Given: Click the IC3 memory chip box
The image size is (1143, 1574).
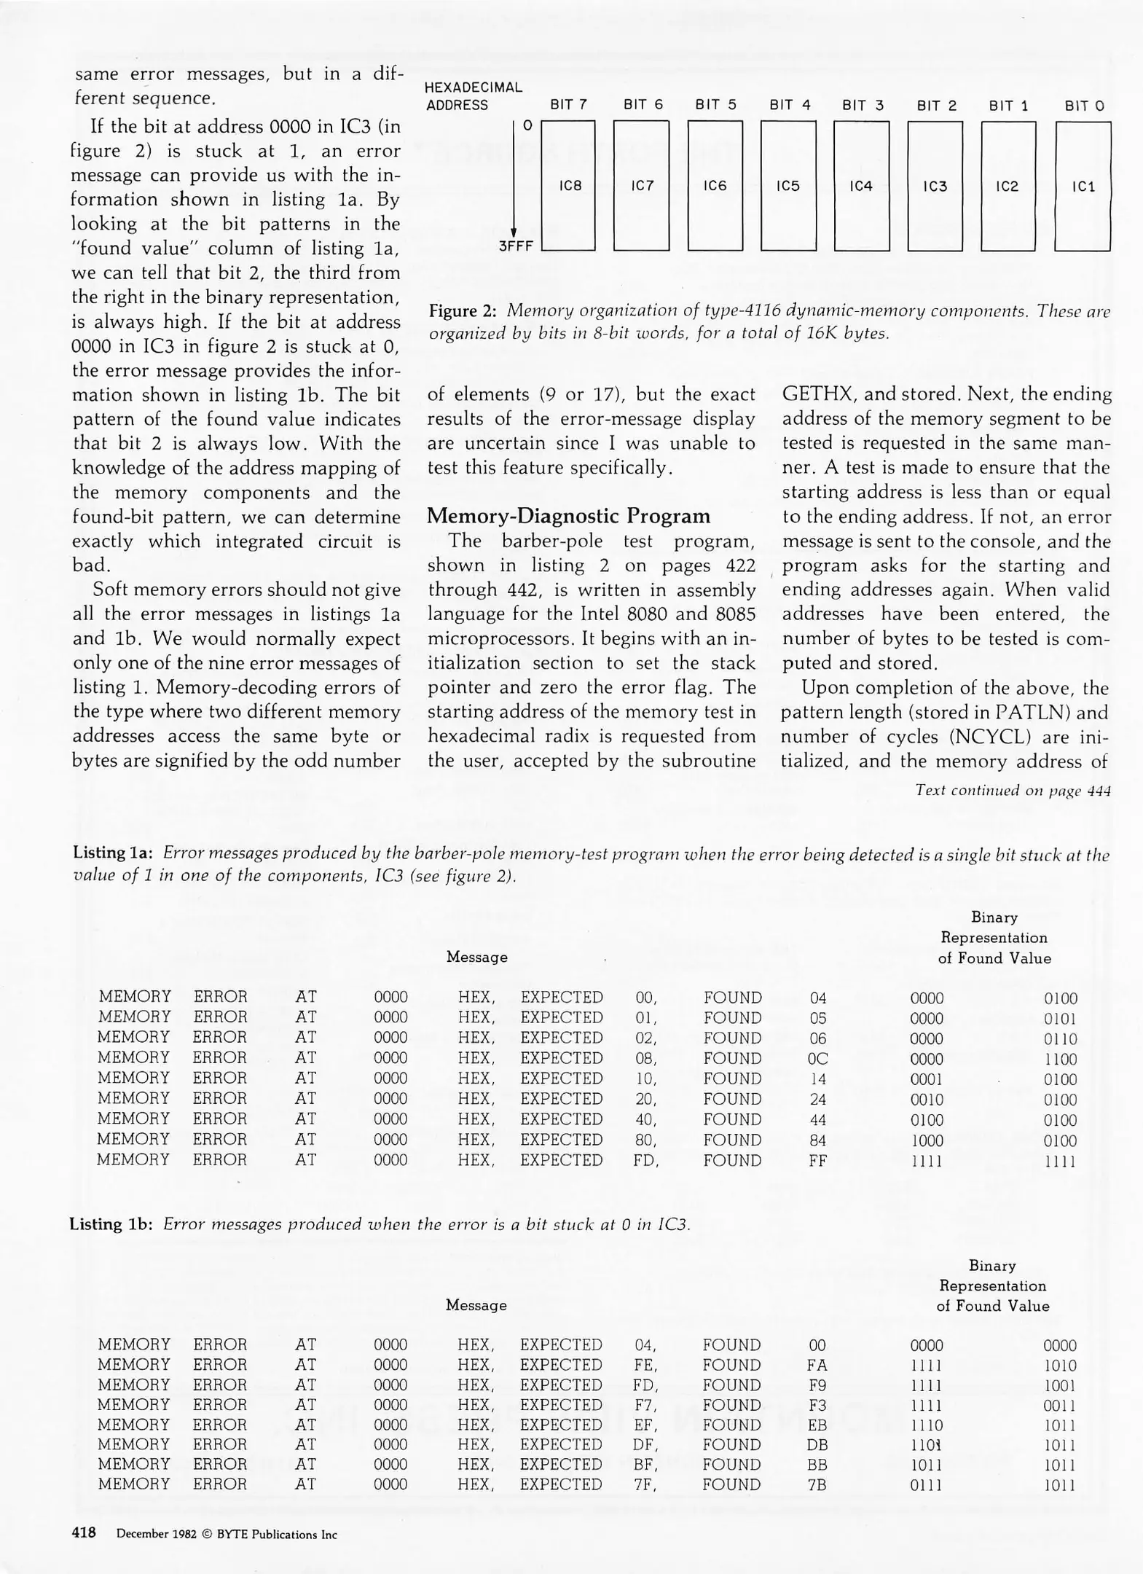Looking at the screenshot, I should (935, 186).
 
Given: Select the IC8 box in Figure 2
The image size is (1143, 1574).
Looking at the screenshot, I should (569, 186).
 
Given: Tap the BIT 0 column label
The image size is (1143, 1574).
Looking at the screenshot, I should (1084, 106).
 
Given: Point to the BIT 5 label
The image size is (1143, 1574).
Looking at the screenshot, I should (715, 105).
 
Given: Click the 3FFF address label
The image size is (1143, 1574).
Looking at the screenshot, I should (516, 246).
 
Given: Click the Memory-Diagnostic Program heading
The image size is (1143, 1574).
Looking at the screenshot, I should (568, 516).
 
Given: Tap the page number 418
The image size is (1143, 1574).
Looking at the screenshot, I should (84, 1532).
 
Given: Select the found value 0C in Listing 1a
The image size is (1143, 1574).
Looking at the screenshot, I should (817, 1059).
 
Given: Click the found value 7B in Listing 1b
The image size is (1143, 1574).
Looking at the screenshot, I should (817, 1484).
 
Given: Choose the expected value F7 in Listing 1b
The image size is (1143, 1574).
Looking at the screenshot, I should (645, 1404).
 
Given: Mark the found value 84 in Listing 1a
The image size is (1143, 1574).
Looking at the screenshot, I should (817, 1140).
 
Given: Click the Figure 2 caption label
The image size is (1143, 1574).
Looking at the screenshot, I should (462, 311).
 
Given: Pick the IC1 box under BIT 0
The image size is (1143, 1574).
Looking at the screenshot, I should (1083, 186).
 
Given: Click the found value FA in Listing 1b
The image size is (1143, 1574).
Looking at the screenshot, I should (817, 1365).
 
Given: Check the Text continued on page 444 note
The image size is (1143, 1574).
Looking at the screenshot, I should (1013, 791).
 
